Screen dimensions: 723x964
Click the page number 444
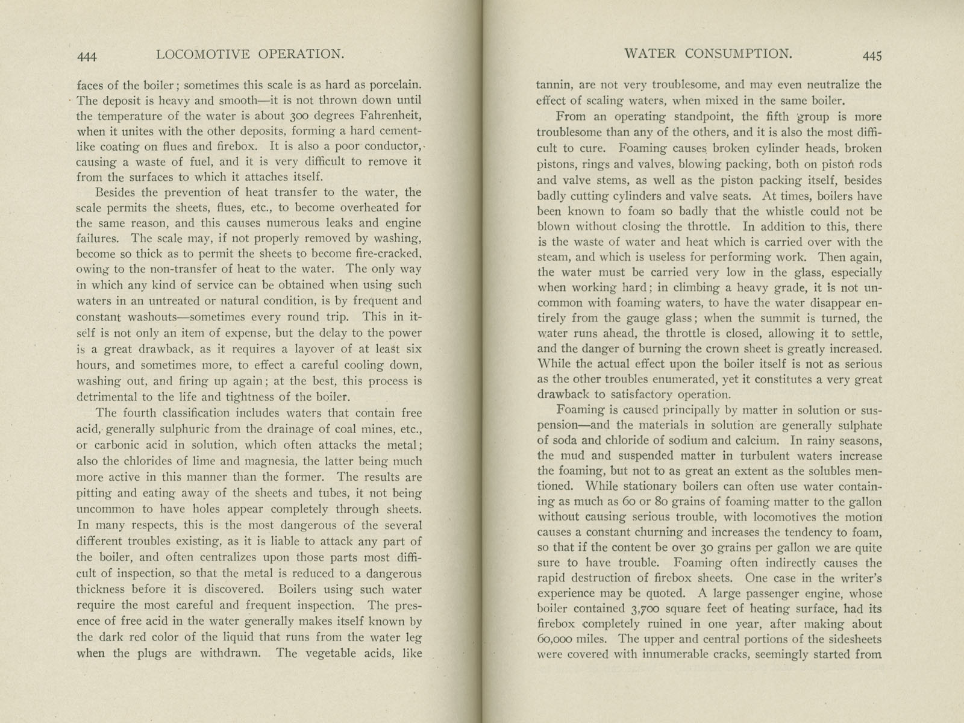(x=87, y=57)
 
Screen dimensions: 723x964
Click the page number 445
(x=872, y=56)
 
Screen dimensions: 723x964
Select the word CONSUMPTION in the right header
(x=738, y=54)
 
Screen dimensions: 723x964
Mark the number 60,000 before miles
(x=562, y=639)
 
